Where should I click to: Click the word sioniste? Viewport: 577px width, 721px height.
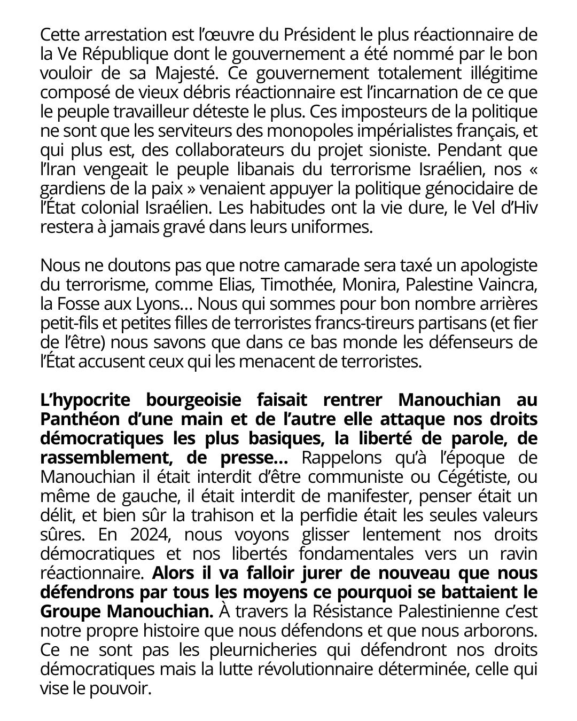(380, 150)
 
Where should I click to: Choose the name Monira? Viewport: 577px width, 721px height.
(368, 285)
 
